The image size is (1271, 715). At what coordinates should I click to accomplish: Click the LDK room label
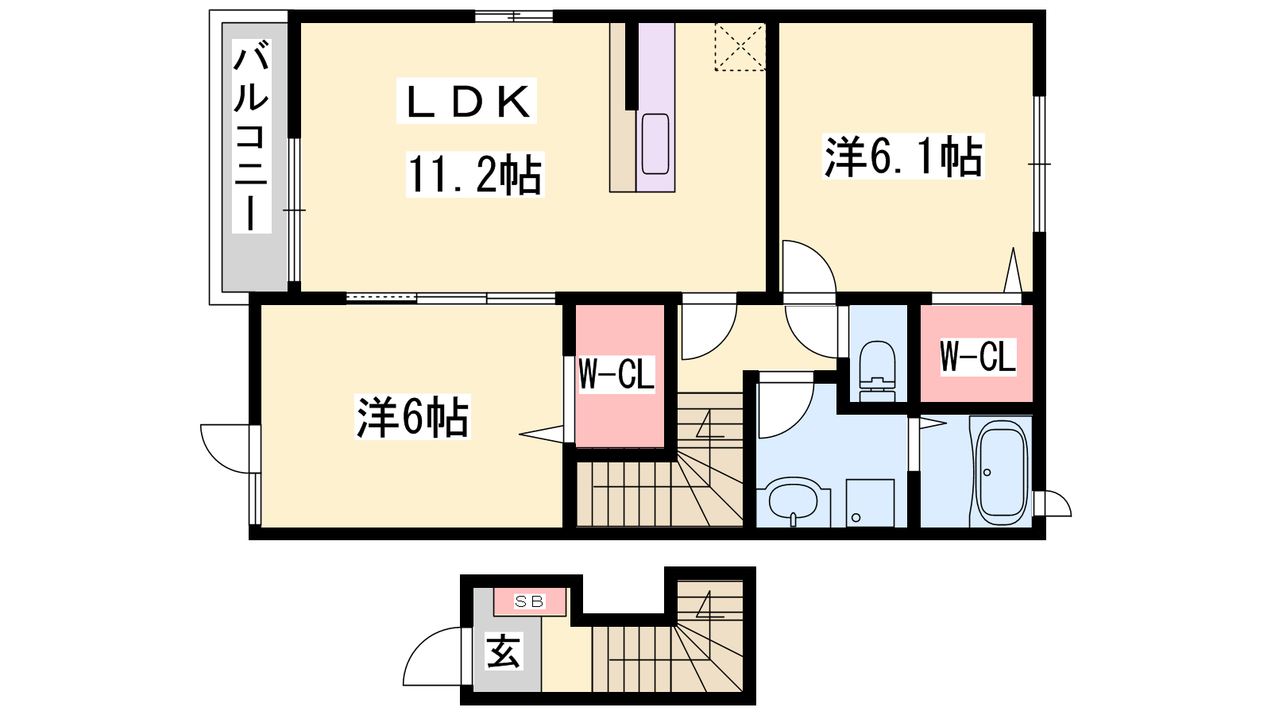pyautogui.click(x=466, y=102)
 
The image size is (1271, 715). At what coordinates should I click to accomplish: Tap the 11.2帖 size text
pyautogui.click(x=475, y=175)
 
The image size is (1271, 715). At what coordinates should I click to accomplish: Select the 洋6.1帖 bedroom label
pyautogui.click(x=903, y=156)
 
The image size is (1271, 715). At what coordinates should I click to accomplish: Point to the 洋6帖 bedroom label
pyautogui.click(x=412, y=417)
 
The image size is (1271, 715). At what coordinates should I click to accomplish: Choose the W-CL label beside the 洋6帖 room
pyautogui.click(x=616, y=373)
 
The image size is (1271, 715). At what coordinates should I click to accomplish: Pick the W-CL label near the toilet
pyautogui.click(x=978, y=357)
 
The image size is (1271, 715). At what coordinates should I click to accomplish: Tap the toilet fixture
pyautogui.click(x=877, y=372)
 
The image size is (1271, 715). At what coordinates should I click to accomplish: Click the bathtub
pyautogui.click(x=1001, y=473)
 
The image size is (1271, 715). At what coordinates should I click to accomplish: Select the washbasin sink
pyautogui.click(x=794, y=501)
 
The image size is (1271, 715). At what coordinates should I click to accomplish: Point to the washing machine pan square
pyautogui.click(x=870, y=503)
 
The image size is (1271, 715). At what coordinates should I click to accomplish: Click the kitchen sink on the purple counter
pyautogui.click(x=655, y=144)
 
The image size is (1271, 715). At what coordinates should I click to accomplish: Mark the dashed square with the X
pyautogui.click(x=740, y=47)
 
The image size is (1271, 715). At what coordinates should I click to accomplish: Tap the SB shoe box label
pyautogui.click(x=529, y=601)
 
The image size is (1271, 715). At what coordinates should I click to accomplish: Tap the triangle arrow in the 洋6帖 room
pyautogui.click(x=541, y=434)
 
